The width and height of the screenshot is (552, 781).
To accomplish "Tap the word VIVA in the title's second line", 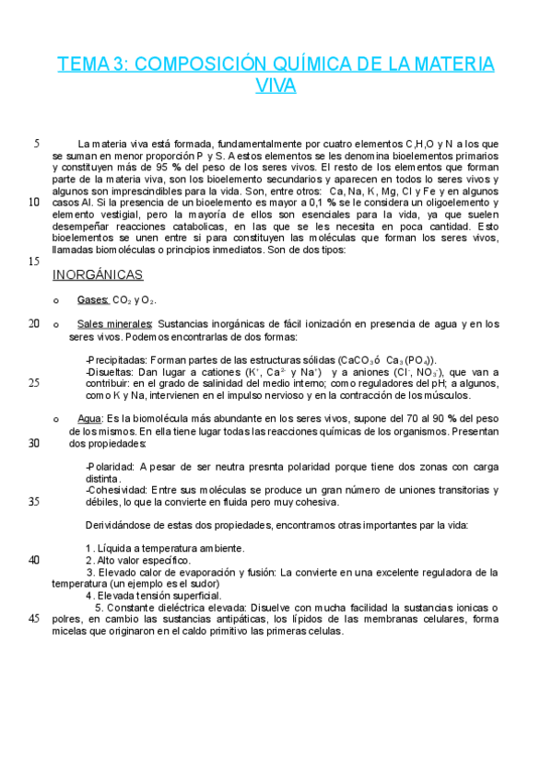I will [276, 87].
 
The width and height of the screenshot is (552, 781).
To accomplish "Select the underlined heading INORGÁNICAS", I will [98, 274].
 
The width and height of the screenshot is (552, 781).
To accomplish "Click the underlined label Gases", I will [93, 300].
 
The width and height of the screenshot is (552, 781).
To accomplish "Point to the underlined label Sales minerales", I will [115, 324].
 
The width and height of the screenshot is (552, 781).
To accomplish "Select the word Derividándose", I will [123, 525].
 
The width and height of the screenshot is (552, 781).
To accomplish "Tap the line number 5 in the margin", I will [36, 144].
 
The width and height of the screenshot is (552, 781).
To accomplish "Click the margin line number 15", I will [34, 262].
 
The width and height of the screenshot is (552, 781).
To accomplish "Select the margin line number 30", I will [34, 443].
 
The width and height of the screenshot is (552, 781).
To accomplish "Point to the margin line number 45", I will [34, 618].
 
